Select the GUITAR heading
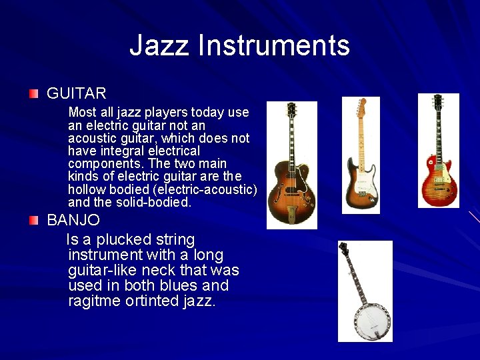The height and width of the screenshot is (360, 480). (x=77, y=93)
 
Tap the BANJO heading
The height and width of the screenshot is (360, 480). (x=73, y=220)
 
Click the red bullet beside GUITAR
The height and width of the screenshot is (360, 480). (x=34, y=93)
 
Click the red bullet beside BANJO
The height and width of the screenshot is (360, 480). (x=34, y=220)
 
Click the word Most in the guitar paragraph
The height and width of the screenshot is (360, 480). (x=83, y=112)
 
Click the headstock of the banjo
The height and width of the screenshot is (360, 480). (x=343, y=249)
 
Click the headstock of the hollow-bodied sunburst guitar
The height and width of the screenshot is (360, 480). (x=291, y=112)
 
